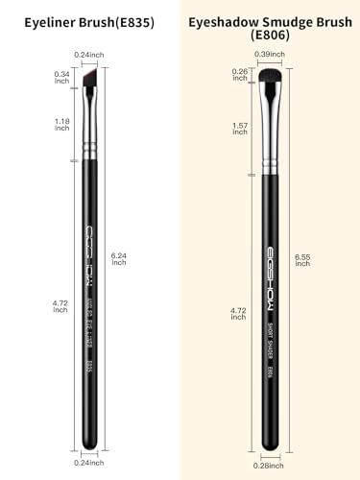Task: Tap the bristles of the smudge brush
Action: [x=273, y=74]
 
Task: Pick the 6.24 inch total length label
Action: [x=119, y=257]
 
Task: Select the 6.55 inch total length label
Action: [x=302, y=258]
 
